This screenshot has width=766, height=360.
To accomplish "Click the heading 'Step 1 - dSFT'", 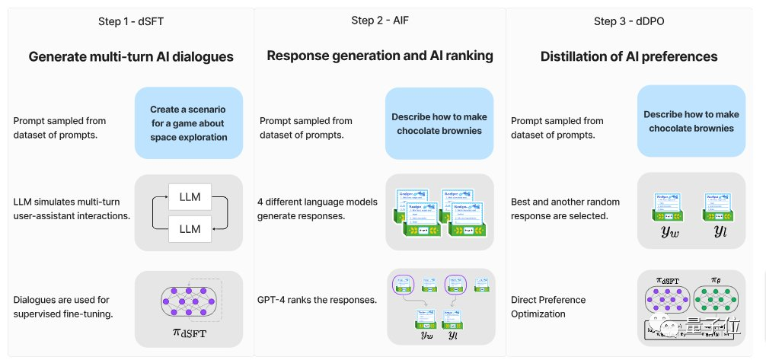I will tap(131, 21).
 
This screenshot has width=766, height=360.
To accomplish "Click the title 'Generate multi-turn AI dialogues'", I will tap(131, 56).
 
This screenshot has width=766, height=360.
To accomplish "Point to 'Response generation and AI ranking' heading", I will tap(380, 56).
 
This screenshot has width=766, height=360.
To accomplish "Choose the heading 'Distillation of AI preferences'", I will tap(629, 56).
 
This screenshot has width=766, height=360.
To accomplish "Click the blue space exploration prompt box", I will tap(189, 123).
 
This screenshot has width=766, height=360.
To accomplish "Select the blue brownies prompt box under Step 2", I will tap(439, 123).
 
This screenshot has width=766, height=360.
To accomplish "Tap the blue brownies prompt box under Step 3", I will tap(691, 123).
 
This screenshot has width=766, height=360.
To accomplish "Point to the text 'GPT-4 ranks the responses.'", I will tap(318, 300).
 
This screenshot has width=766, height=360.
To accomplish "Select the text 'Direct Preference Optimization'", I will tap(548, 307).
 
